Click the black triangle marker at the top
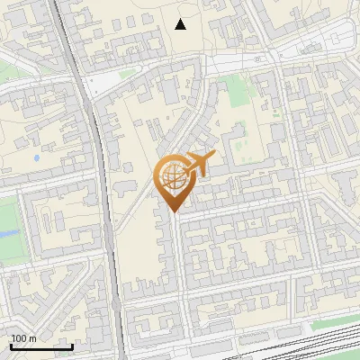[x=181, y=24]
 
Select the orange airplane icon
[x=201, y=164]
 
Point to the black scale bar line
[x=41, y=346]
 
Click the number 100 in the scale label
[x=19, y=339]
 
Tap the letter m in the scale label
[x=33, y=339]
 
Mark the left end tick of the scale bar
[x=11, y=345]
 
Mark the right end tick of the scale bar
[x=72, y=345]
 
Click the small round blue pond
[x=36, y=158]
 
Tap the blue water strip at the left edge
[x=6, y=233]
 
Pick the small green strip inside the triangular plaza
[x=127, y=75]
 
